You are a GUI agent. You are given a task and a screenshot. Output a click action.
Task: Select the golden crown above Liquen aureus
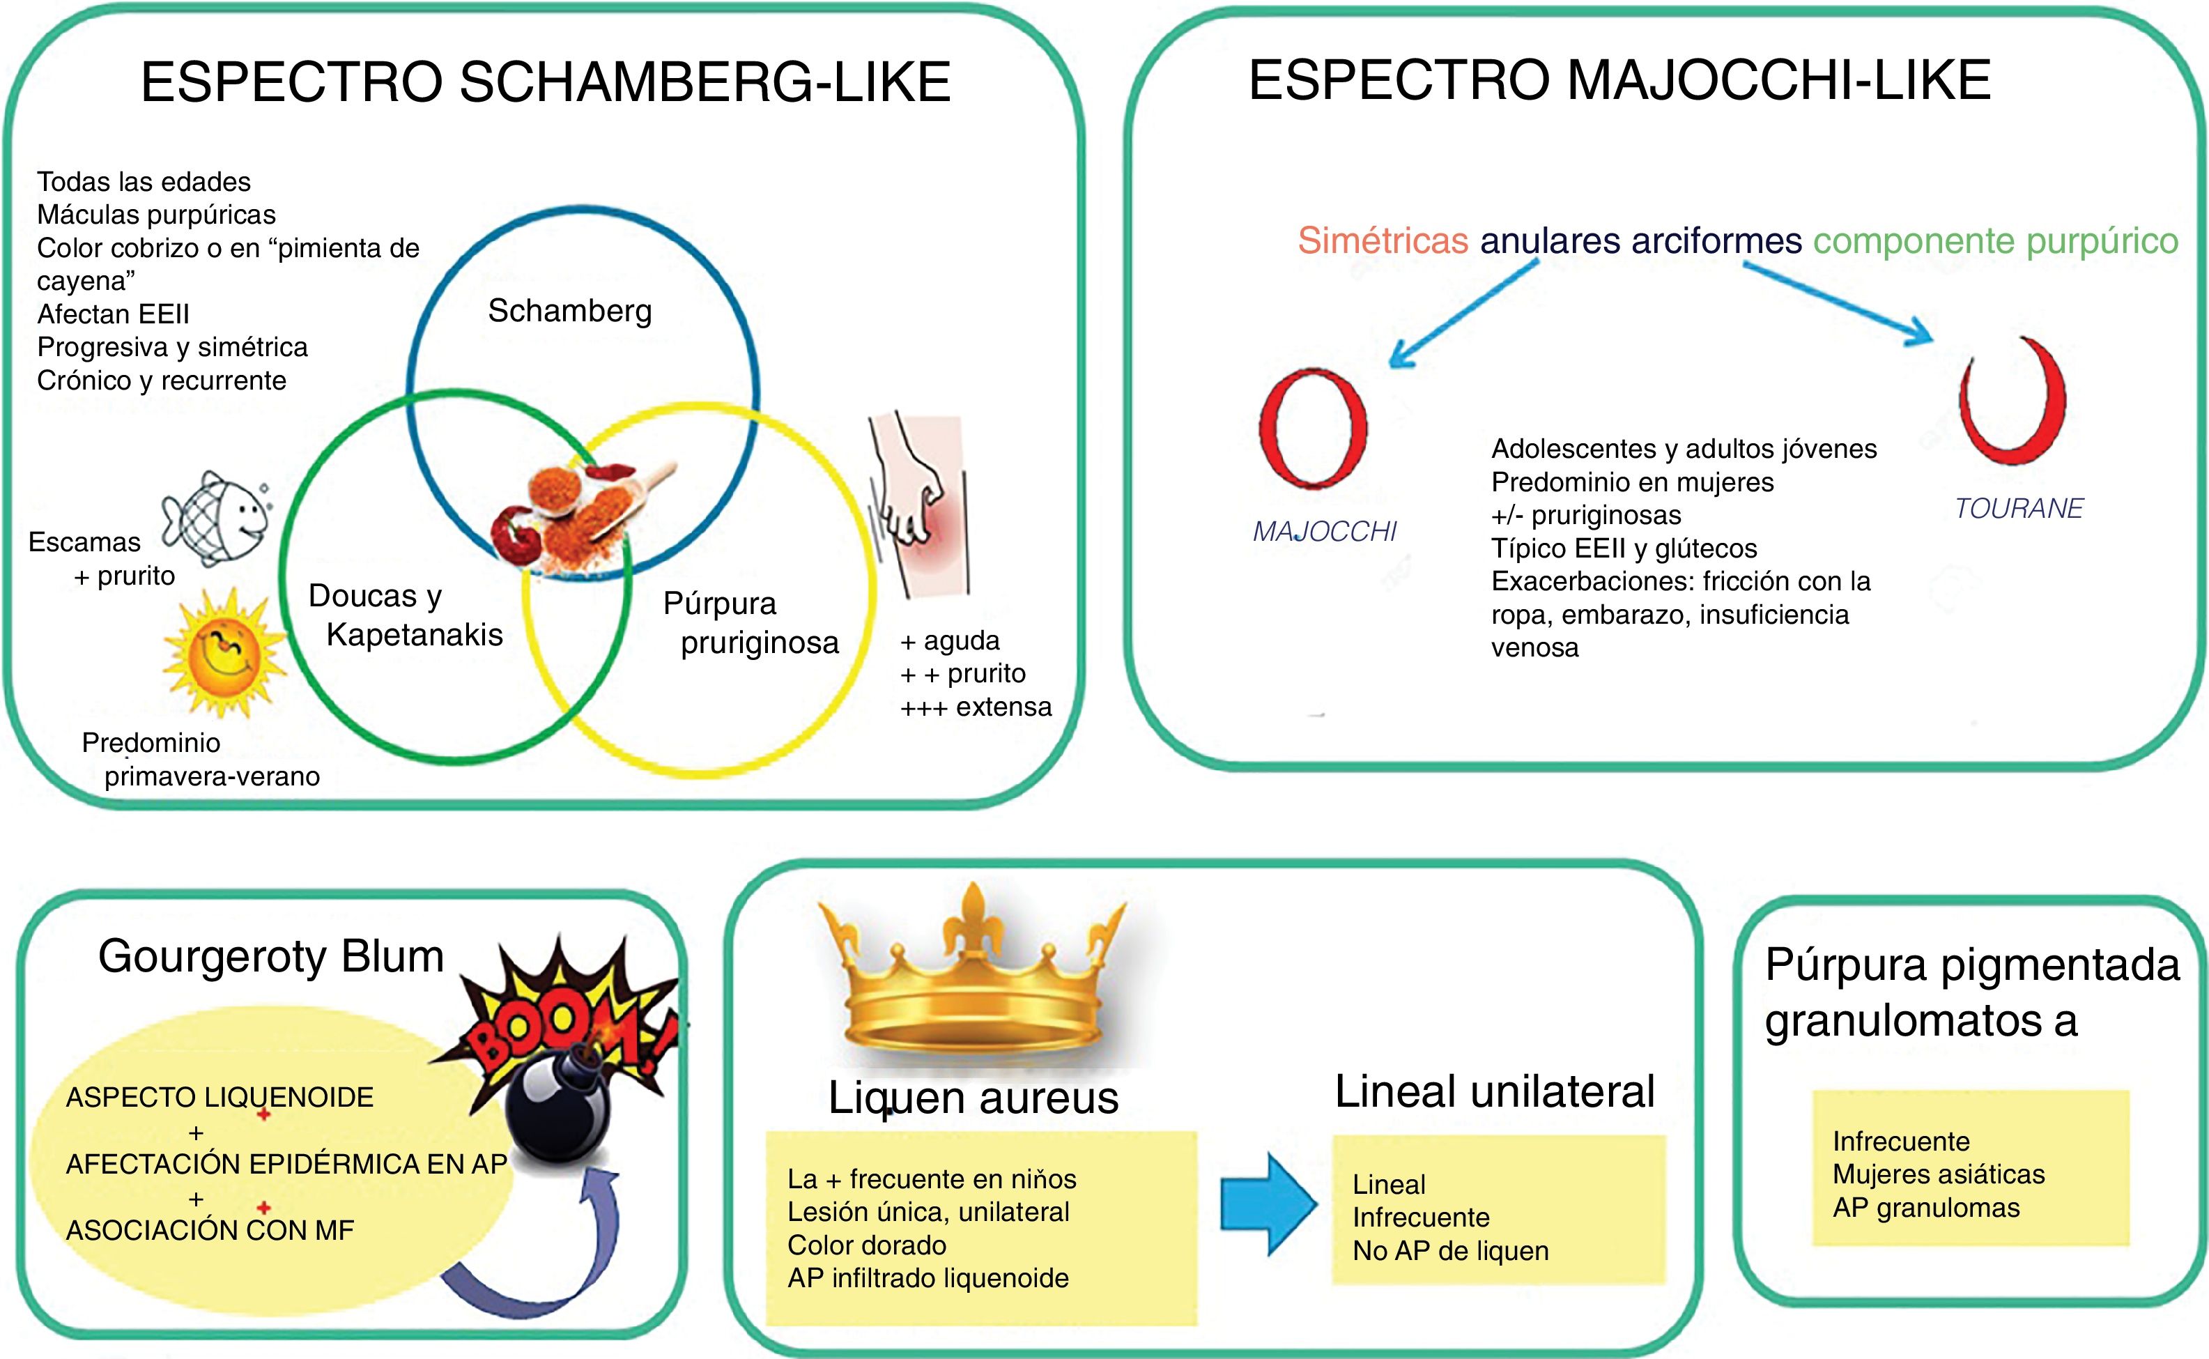(972, 975)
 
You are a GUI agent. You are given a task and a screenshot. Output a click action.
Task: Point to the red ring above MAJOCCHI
(1313, 428)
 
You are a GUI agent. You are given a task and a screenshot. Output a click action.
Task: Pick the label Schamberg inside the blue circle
(570, 311)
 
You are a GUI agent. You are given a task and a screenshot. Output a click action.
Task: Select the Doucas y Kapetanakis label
(404, 615)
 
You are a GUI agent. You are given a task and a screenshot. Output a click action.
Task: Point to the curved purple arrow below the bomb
(539, 1259)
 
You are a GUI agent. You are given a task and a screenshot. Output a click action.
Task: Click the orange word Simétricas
(1383, 241)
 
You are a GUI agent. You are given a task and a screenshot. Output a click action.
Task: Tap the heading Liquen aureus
(973, 1098)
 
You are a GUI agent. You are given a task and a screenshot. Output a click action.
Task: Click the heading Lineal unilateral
(1495, 1092)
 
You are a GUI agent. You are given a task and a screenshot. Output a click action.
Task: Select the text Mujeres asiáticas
(1939, 1174)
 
